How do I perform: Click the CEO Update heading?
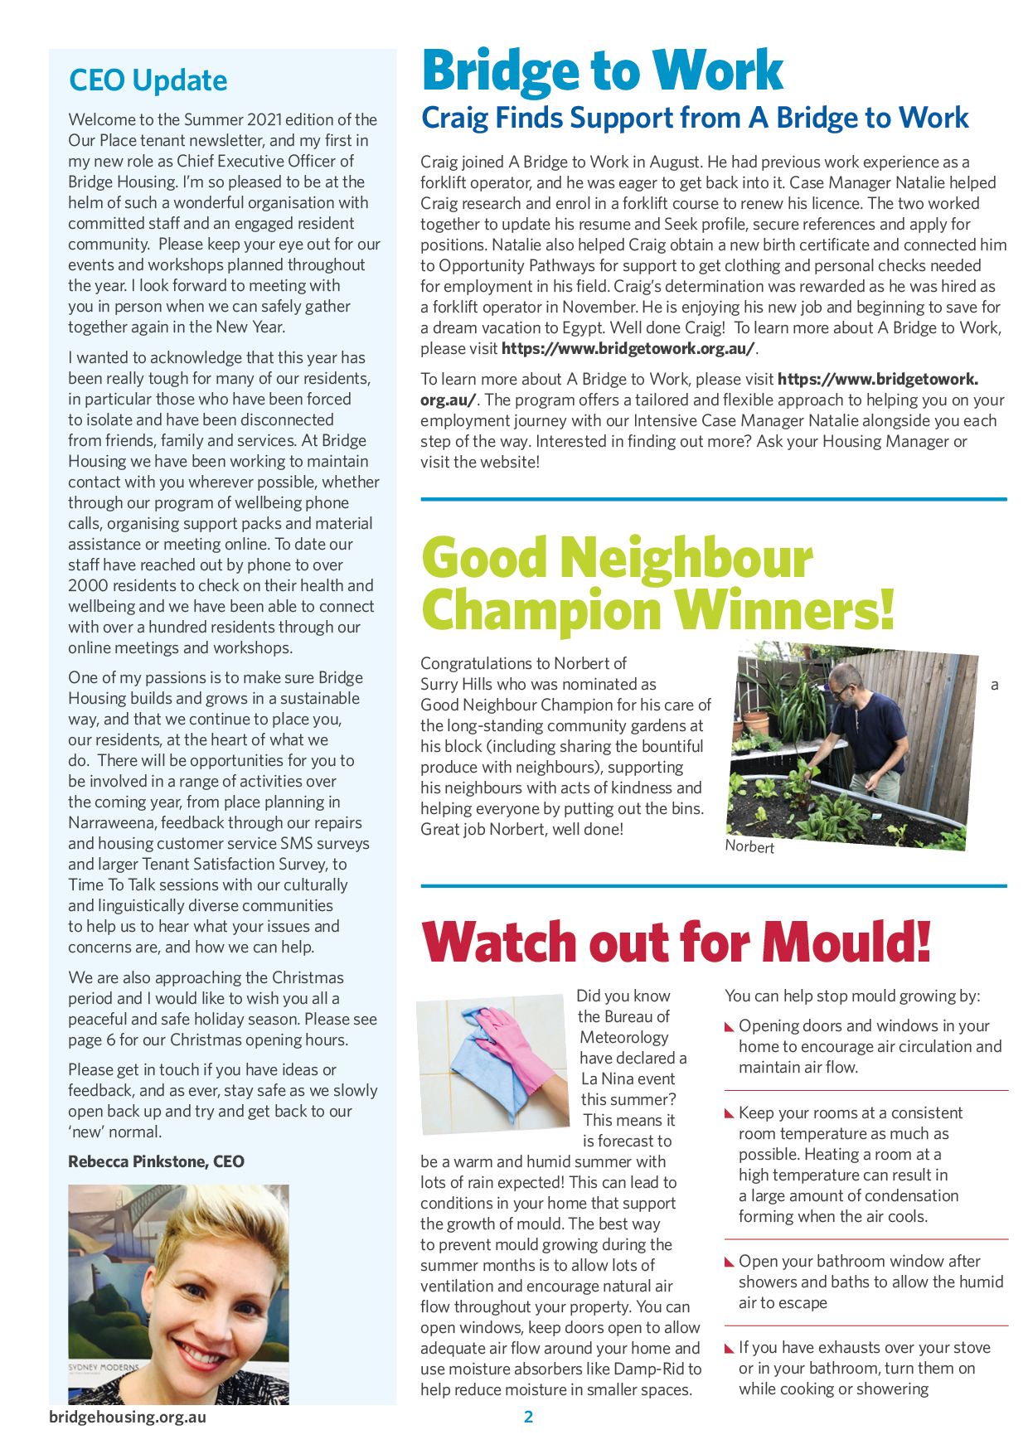[148, 80]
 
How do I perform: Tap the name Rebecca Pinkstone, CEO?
[156, 1161]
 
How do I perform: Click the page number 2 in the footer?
[528, 1417]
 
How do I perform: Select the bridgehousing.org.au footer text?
[128, 1417]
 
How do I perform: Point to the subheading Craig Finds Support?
[695, 118]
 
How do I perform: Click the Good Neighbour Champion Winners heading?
[657, 584]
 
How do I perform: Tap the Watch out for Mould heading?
[676, 943]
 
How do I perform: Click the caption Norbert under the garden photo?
[749, 847]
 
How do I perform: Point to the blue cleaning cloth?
[481, 1059]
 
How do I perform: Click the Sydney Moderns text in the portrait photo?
[103, 1366]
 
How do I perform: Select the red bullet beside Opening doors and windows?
[730, 1027]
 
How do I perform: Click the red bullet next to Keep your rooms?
[730, 1114]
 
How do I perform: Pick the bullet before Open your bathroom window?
[730, 1263]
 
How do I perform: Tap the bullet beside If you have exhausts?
[730, 1350]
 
